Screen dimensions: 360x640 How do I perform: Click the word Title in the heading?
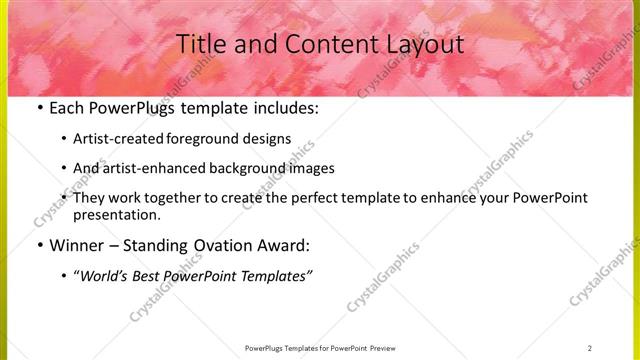click(199, 44)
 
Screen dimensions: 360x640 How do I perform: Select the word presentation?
click(116, 214)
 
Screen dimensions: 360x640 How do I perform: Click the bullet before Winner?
click(38, 245)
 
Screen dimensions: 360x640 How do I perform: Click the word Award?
click(286, 245)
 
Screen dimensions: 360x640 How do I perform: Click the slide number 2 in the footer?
click(590, 348)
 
